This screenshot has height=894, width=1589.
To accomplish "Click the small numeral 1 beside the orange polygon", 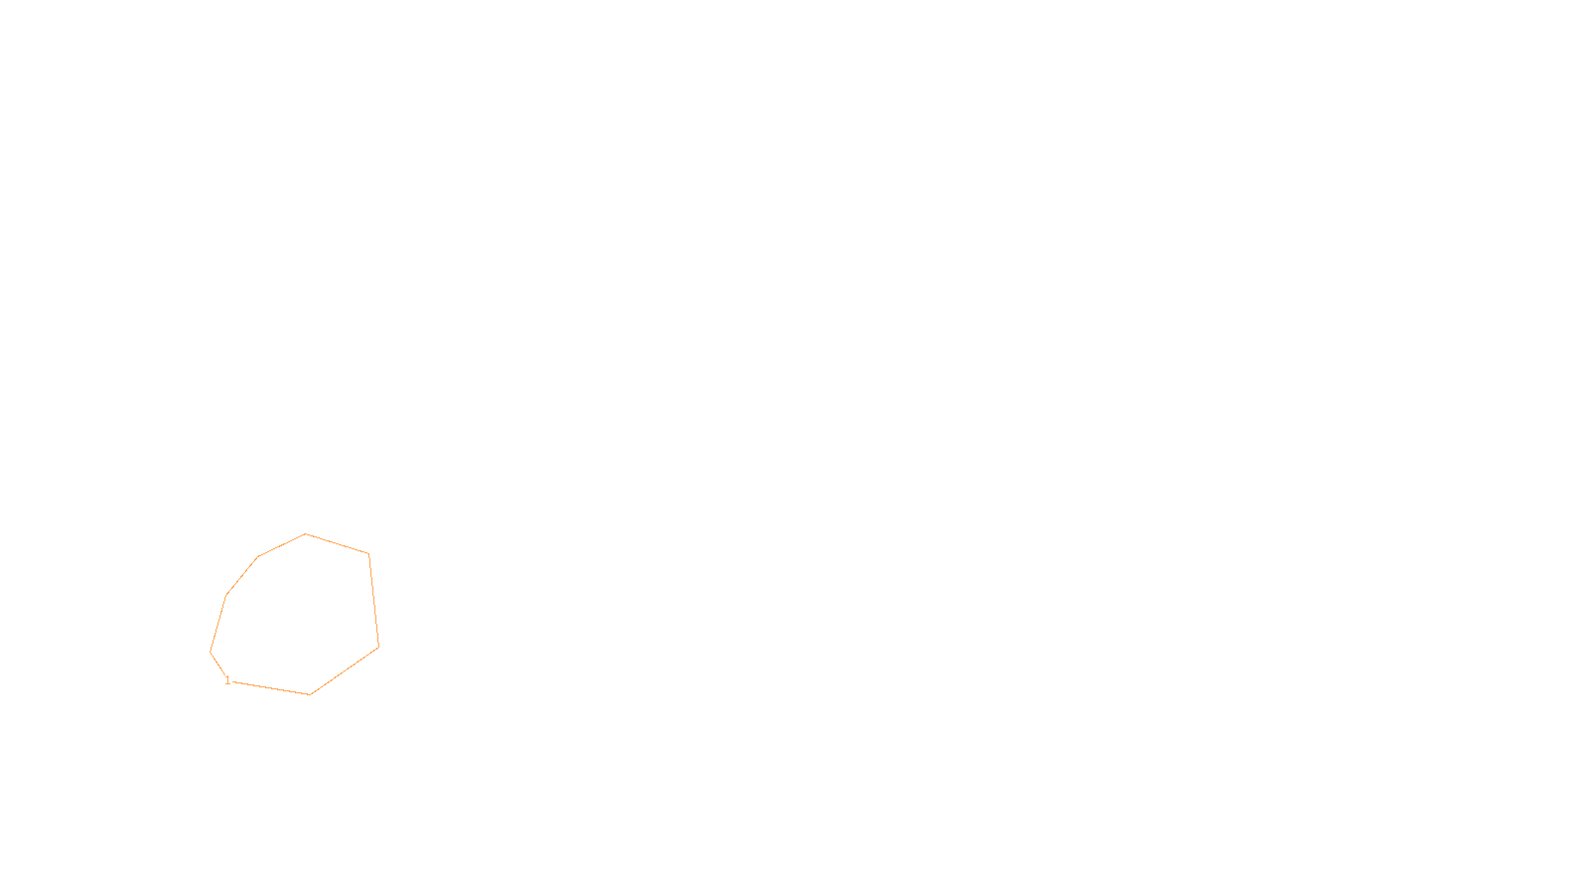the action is pos(227,680).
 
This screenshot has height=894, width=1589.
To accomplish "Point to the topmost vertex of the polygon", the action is pos(305,534).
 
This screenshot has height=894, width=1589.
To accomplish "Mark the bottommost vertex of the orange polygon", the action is pos(310,694).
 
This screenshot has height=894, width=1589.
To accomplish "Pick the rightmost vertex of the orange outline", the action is pos(378,647).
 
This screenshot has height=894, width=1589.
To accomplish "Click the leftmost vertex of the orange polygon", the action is pos(211,652).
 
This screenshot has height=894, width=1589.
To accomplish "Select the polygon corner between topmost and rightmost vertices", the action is pos(368,553).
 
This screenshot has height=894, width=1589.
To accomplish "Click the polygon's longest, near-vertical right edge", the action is pos(373,600).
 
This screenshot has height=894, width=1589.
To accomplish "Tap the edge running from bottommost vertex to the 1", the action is pos(270,687).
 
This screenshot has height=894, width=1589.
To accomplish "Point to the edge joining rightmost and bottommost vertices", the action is pos(345,670).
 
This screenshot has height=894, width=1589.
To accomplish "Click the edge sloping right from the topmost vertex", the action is pos(337,543).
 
